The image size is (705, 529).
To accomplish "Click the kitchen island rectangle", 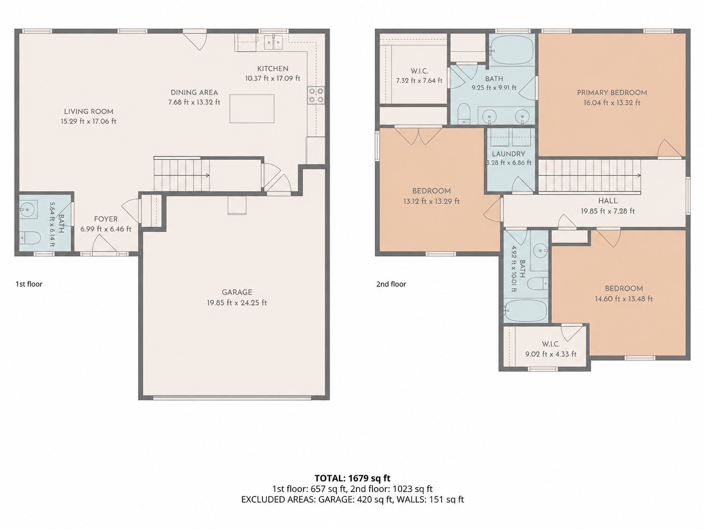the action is coord(252,109).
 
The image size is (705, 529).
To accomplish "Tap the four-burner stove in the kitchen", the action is coord(316,95).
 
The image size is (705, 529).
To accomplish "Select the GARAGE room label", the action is coord(237,292).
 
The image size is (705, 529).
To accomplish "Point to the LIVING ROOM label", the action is coord(89,112).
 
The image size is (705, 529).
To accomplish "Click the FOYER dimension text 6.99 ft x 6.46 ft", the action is coord(106,229).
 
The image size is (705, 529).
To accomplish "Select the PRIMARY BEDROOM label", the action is coord(612,93).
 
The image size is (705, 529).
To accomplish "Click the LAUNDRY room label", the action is coord(508,154).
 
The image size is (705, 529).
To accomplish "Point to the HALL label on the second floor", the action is coord(608,201).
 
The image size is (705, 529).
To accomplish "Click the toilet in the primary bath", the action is coord(464,113).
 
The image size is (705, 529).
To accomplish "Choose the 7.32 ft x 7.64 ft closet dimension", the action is coord(419,81).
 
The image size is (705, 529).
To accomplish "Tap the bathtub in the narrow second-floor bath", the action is coord(525,311).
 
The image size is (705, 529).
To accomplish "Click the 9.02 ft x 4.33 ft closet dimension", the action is coord(551,354).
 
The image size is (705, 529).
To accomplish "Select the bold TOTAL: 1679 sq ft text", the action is coord(352,478).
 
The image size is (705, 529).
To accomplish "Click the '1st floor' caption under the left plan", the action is coord(29,284).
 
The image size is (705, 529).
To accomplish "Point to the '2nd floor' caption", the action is coord(391,284).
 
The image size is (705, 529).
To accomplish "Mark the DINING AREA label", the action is coord(194,93).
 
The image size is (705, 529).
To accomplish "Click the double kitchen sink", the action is coord(274,42).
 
